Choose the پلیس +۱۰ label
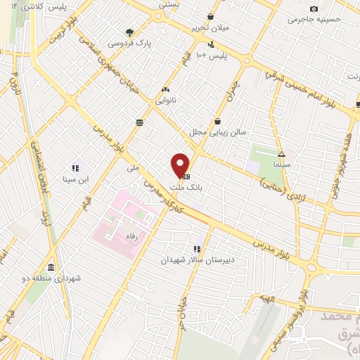click(x=210, y=55)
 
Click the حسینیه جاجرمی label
click(x=316, y=20)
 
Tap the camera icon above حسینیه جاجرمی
click(x=314, y=8)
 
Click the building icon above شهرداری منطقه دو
click(x=51, y=267)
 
